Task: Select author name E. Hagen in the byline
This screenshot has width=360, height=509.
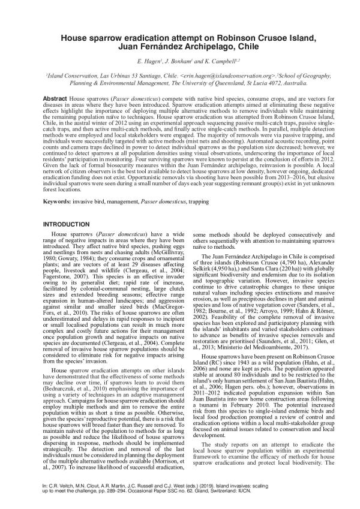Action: pos(147,62)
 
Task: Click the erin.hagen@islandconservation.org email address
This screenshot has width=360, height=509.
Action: pos(230,77)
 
